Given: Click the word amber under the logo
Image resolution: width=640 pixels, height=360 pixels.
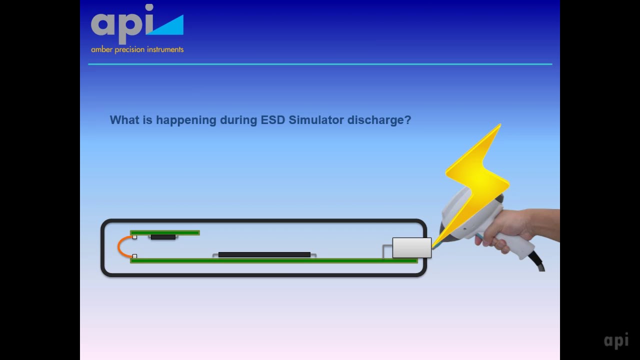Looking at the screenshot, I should tap(101, 49).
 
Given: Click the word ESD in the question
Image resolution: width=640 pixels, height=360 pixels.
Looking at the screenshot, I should tap(272, 120).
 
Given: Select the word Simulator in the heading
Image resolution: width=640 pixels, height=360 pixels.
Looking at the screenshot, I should tap(316, 120).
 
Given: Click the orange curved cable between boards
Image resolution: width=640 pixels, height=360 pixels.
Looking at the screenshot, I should tap(121, 247).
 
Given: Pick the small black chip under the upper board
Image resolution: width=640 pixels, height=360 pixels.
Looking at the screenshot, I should tap(163, 237).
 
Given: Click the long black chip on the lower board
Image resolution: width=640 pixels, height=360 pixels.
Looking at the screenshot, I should tap(264, 254).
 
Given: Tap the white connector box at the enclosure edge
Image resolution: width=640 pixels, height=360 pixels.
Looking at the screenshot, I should tap(411, 248).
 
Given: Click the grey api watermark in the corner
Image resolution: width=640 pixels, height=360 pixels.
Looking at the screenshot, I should tap(616, 340).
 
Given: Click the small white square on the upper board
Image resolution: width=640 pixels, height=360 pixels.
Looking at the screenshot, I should tap(134, 237).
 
